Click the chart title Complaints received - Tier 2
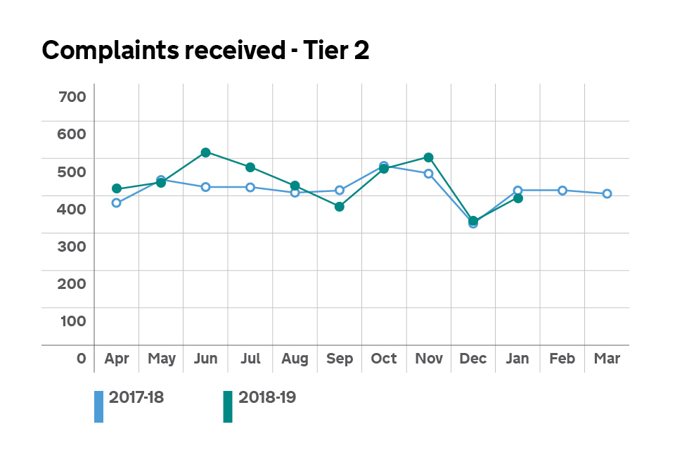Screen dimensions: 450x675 click(205, 51)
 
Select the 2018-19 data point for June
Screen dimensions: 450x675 click(205, 153)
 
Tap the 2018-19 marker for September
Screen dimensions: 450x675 click(340, 207)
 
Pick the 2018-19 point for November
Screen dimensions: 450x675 click(429, 157)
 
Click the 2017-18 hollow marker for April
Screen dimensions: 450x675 click(117, 203)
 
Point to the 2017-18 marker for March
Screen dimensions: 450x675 click(607, 194)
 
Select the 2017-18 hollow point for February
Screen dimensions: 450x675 click(562, 191)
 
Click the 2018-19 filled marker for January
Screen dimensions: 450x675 click(518, 198)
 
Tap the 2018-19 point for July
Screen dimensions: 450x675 click(250, 167)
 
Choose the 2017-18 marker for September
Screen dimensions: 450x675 click(340, 191)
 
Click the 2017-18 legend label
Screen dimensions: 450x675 click(136, 397)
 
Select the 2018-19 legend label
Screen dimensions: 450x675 click(267, 397)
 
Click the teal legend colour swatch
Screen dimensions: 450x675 click(228, 407)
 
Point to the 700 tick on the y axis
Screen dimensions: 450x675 click(72, 96)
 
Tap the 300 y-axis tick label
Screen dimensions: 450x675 click(72, 246)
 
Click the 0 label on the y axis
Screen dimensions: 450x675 click(81, 359)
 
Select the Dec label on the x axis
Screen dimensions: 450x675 click(473, 359)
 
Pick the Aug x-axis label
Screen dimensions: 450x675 click(295, 359)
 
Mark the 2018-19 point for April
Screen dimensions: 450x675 click(117, 189)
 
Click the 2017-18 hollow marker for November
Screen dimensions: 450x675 click(429, 174)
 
